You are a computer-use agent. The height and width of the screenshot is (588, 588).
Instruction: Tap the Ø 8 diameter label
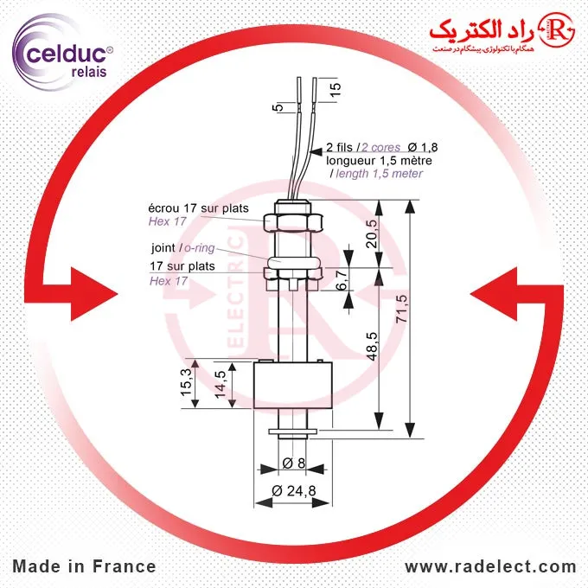[x=293, y=464]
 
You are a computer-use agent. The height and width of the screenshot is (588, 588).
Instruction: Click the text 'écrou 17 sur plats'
[x=199, y=208]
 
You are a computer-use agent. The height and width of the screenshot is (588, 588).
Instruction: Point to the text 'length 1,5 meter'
[x=377, y=174]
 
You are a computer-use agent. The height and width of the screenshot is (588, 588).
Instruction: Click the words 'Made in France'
[x=84, y=567]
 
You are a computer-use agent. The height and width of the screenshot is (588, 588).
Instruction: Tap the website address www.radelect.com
[x=490, y=567]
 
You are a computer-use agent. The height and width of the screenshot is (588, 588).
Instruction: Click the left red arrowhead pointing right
[x=86, y=289]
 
